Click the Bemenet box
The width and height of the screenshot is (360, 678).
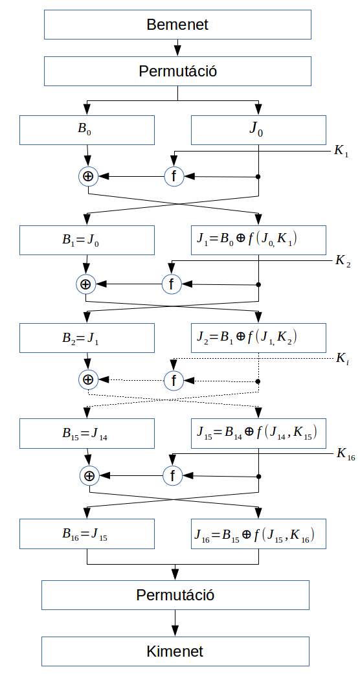coord(177,25)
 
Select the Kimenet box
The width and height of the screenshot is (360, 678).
coord(175,651)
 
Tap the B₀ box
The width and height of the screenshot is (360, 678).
coord(87,130)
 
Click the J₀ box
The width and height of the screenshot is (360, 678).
coord(258,130)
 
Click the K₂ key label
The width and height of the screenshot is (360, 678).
coord(343,262)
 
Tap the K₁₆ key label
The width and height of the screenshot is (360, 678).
coord(346,455)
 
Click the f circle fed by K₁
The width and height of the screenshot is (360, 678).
coord(174,176)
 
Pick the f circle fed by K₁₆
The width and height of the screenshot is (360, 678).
coord(172,476)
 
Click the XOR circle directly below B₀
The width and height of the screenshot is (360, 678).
coord(88,176)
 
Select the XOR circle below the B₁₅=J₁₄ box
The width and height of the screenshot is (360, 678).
coord(89,476)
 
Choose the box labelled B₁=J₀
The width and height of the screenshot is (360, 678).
coord(87,240)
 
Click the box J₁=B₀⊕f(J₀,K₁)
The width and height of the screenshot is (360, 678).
coord(258,240)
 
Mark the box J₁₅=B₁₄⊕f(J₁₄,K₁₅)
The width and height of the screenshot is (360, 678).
coord(258,434)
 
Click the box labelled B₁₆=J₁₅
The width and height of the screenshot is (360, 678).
coord(87,534)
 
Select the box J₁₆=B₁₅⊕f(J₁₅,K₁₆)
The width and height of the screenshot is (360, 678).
coord(258,534)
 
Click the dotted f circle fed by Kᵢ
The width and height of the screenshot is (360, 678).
coord(174,381)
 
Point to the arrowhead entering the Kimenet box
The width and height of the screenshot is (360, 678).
coord(175,632)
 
